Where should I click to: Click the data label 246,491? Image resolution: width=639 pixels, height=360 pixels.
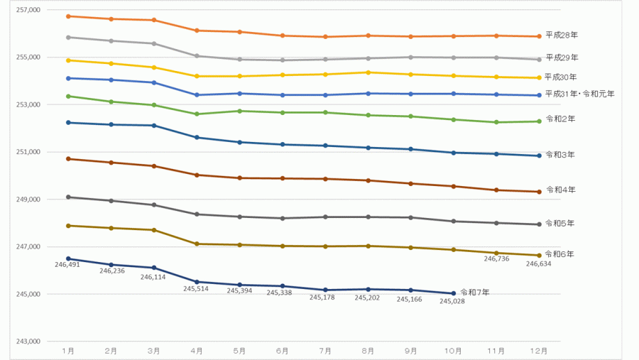67,265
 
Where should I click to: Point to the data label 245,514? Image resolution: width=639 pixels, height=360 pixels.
196,288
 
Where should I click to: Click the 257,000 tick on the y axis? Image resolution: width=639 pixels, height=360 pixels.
28,10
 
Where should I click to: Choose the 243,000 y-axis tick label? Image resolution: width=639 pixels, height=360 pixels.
28,342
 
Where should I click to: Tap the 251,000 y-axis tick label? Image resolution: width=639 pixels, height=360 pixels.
28,152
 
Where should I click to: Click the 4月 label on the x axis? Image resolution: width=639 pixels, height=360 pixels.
197,351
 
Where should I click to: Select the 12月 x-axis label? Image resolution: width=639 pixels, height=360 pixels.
539,351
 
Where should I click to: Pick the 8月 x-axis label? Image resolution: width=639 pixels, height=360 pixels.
368,351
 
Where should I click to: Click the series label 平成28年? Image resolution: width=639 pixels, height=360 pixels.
561,35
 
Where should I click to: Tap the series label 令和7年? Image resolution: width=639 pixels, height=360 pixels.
475,292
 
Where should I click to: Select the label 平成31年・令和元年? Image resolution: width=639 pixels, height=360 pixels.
579,94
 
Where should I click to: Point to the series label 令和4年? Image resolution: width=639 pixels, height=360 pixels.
561,190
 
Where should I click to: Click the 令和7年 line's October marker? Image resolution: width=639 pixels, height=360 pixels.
454,293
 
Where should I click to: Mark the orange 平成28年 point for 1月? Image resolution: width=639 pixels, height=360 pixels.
68,16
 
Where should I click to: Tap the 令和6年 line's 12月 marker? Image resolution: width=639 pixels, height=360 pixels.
539,256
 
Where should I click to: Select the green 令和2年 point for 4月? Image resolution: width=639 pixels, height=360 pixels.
197,114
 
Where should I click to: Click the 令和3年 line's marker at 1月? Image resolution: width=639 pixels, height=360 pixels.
68,123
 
